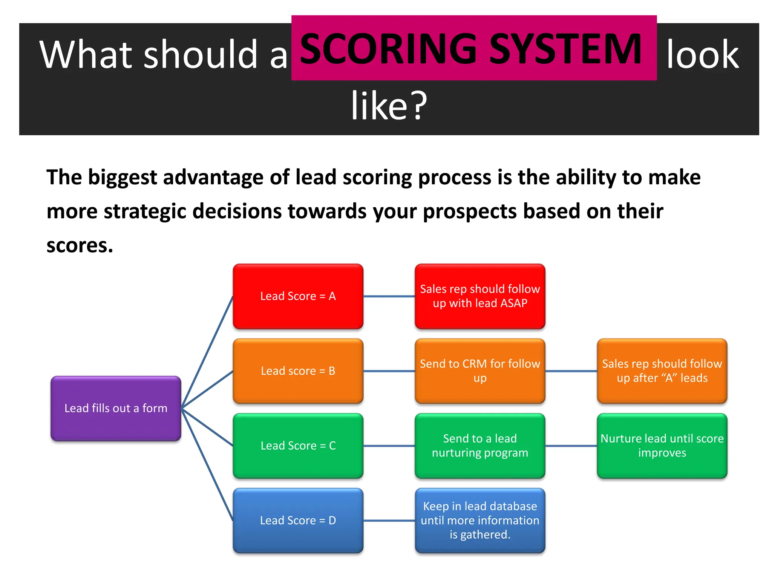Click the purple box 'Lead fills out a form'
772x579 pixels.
pos(116,408)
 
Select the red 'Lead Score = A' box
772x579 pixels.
pos(298,296)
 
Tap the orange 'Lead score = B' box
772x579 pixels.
pos(298,371)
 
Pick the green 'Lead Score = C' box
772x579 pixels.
pos(298,446)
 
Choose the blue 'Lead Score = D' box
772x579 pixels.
pos(298,520)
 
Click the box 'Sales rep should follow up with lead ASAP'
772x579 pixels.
pos(480,296)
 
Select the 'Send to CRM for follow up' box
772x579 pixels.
pos(480,371)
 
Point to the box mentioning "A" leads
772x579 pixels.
pos(662,371)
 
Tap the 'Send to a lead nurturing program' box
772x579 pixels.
pos(480,446)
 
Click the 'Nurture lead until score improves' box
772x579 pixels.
pos(662,446)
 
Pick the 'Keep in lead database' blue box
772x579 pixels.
pos(480,520)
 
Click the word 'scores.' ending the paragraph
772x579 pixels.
pos(80,245)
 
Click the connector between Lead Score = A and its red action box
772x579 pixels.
pos(389,296)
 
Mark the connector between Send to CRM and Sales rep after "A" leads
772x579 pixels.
pos(571,371)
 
